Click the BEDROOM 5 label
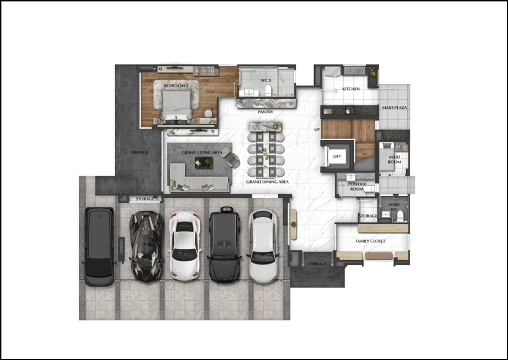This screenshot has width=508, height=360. (x=176, y=86)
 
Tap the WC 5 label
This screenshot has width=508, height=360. (x=265, y=80)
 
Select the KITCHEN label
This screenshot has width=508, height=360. (x=351, y=89)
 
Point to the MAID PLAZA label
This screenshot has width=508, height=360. (x=395, y=107)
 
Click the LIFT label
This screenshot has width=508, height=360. (x=337, y=157)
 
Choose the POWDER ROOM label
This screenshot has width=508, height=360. (x=357, y=187)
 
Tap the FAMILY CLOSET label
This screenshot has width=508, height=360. (x=370, y=241)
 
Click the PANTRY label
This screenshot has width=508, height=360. (x=265, y=112)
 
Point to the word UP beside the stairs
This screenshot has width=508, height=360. (x=317, y=129)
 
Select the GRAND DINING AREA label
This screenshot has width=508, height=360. (x=268, y=182)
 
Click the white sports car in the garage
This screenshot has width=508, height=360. (x=185, y=246)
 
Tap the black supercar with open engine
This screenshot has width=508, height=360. (x=146, y=247)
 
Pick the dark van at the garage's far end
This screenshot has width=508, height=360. (x=99, y=247)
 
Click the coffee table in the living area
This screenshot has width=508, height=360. (x=204, y=163)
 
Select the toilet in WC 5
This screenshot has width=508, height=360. (x=268, y=91)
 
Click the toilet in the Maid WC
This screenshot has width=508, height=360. (x=400, y=215)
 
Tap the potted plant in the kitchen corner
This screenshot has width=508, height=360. (x=373, y=74)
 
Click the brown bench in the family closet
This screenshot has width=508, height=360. (x=378, y=256)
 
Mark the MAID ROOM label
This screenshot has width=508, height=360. (x=395, y=159)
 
